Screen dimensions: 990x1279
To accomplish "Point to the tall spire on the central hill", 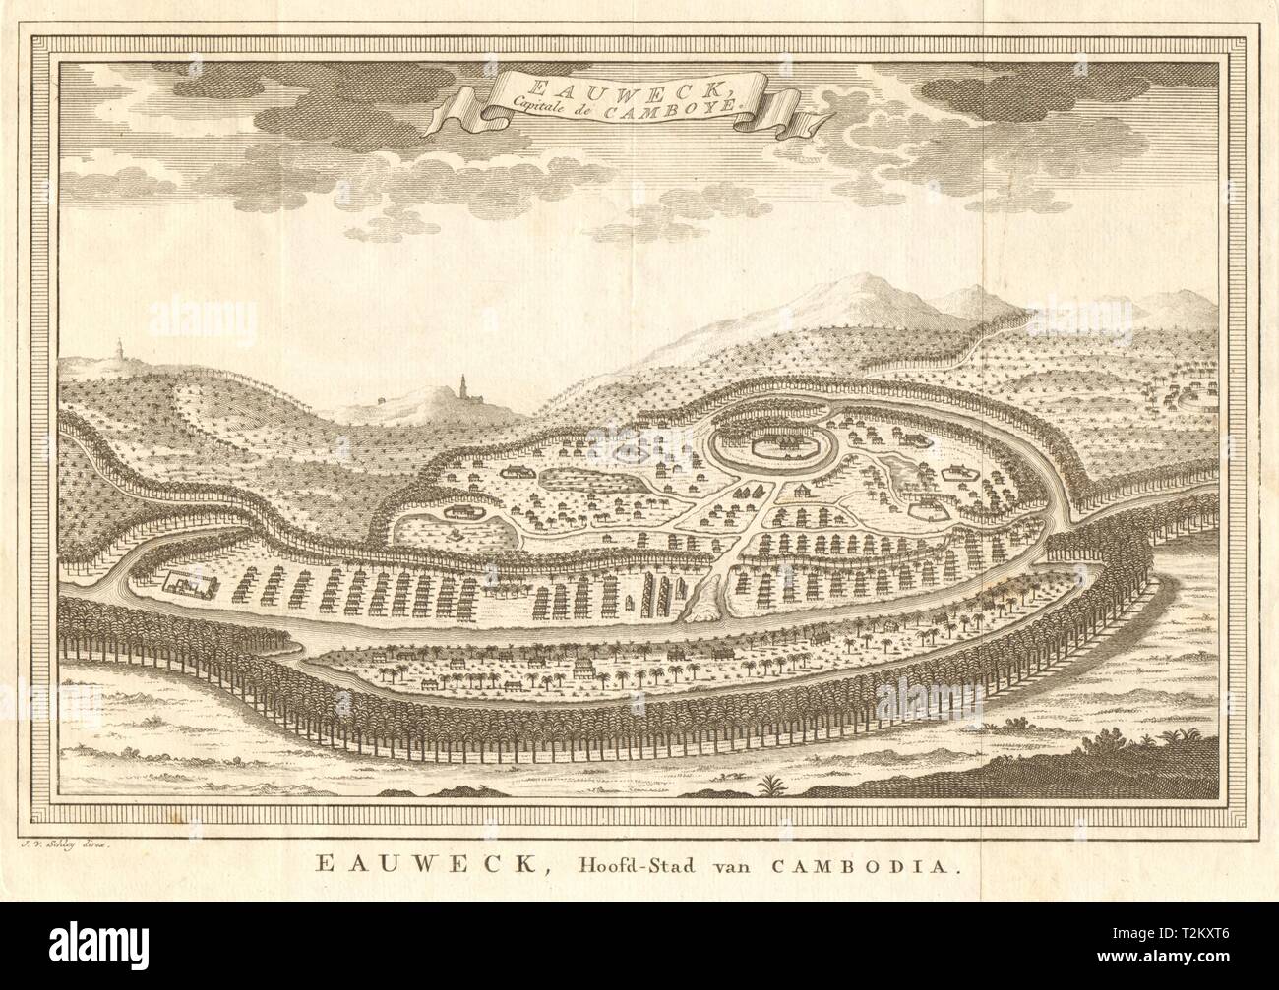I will [461, 385].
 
